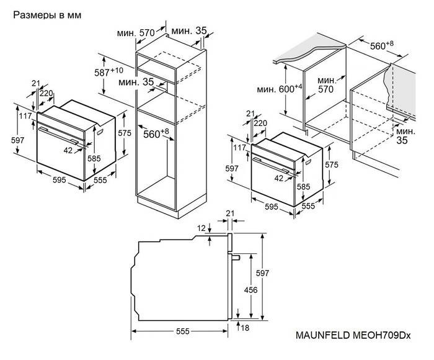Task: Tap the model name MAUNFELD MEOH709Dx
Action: pos(358,334)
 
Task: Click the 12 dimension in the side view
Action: pos(201,229)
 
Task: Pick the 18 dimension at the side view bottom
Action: pos(246,327)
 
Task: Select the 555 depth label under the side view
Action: pos(182,333)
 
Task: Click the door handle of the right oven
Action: pos(271,163)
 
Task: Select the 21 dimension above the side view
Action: pos(230,214)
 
